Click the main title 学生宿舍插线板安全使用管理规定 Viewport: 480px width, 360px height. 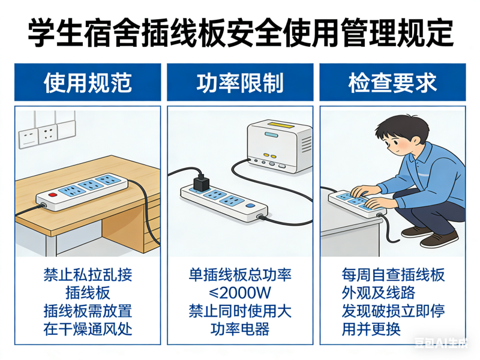click(x=240, y=32)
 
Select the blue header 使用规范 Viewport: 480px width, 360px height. click(x=88, y=83)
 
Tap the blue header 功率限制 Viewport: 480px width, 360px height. click(x=239, y=83)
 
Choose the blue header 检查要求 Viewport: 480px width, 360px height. click(x=392, y=83)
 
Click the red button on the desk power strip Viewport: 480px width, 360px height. click(x=50, y=196)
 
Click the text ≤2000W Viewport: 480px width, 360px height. click(x=239, y=293)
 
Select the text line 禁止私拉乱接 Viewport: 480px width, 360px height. click(x=88, y=275)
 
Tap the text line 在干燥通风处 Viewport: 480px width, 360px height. click(x=88, y=329)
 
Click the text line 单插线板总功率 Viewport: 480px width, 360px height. click(x=239, y=275)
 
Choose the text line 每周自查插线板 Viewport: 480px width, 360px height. click(x=392, y=275)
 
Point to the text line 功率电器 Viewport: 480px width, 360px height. click(x=239, y=329)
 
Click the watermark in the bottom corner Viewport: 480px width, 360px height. click(x=444, y=344)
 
